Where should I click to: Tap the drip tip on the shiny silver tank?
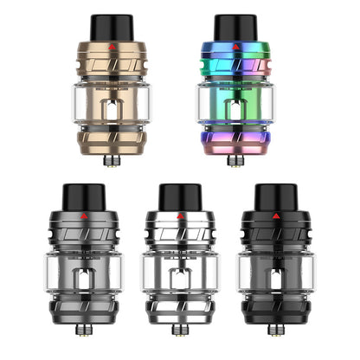[179, 197]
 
